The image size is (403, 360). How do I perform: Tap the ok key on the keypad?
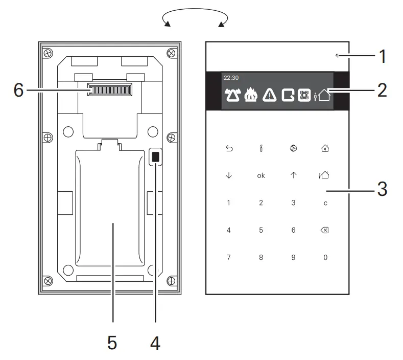(x=261, y=175)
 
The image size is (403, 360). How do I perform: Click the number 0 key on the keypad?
(x=325, y=257)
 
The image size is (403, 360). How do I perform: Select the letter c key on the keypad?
(x=325, y=203)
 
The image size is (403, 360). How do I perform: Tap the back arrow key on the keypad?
(x=229, y=149)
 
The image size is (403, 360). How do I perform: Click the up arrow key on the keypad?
(x=293, y=175)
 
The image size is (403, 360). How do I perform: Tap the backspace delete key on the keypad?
(x=325, y=230)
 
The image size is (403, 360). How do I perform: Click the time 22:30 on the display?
(x=231, y=78)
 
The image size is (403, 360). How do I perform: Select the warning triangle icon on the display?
(x=270, y=95)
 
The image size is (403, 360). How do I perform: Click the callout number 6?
(x=18, y=91)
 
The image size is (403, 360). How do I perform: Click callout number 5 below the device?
(x=112, y=342)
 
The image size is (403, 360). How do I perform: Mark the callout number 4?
(x=155, y=342)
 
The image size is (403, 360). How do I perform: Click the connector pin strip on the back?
(x=109, y=91)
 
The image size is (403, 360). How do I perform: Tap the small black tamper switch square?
(x=156, y=157)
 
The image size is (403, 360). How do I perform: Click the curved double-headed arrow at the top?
(x=195, y=18)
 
